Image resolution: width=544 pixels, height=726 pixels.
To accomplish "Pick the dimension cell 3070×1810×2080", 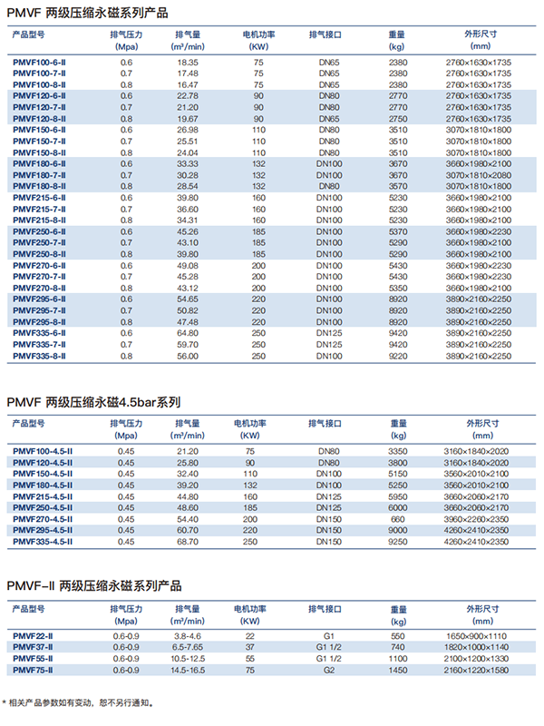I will pos(480,175).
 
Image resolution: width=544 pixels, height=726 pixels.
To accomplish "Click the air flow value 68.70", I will pos(188,542).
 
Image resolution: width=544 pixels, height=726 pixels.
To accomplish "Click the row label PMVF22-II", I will pos(34,636).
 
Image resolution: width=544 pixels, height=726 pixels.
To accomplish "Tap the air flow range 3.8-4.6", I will pos(188,636).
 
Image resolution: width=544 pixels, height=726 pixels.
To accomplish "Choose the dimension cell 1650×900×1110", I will pos(480,636).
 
